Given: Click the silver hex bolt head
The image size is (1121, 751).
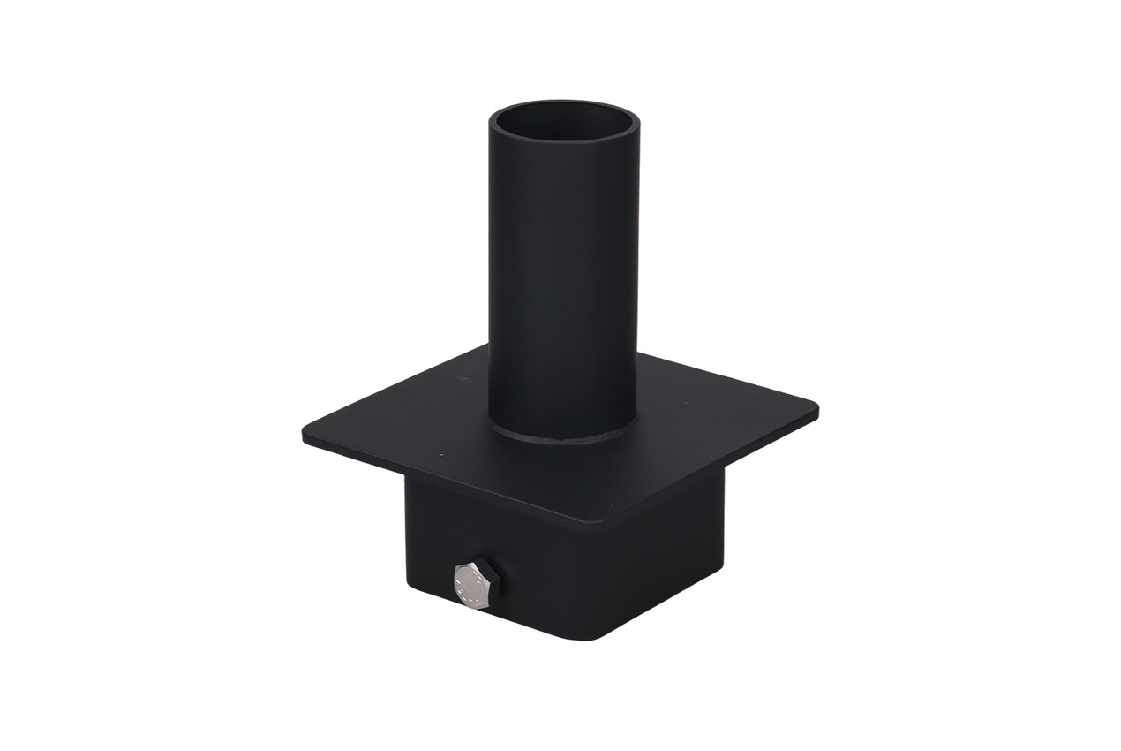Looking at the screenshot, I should coord(472,586).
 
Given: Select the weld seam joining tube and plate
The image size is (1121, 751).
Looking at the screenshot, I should coord(563,436).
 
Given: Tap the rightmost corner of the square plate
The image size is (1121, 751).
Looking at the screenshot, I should coord(816,410).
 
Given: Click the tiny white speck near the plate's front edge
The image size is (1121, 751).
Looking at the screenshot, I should coord(438,454).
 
